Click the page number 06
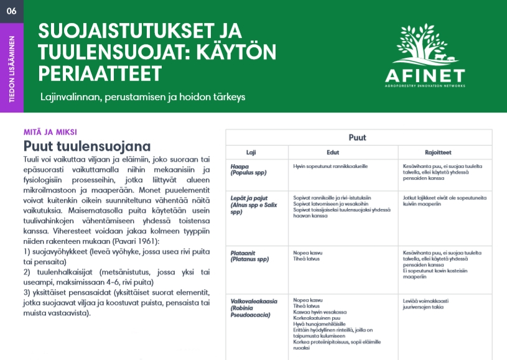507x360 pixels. pos(12,11)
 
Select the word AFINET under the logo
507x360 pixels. pos(424,76)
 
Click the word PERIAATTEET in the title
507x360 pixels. pos(100,73)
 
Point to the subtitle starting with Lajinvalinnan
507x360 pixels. pos(143,98)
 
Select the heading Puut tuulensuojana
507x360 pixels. pos(87,146)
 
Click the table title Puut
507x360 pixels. pos(358,137)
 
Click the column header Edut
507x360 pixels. pos(333,151)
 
